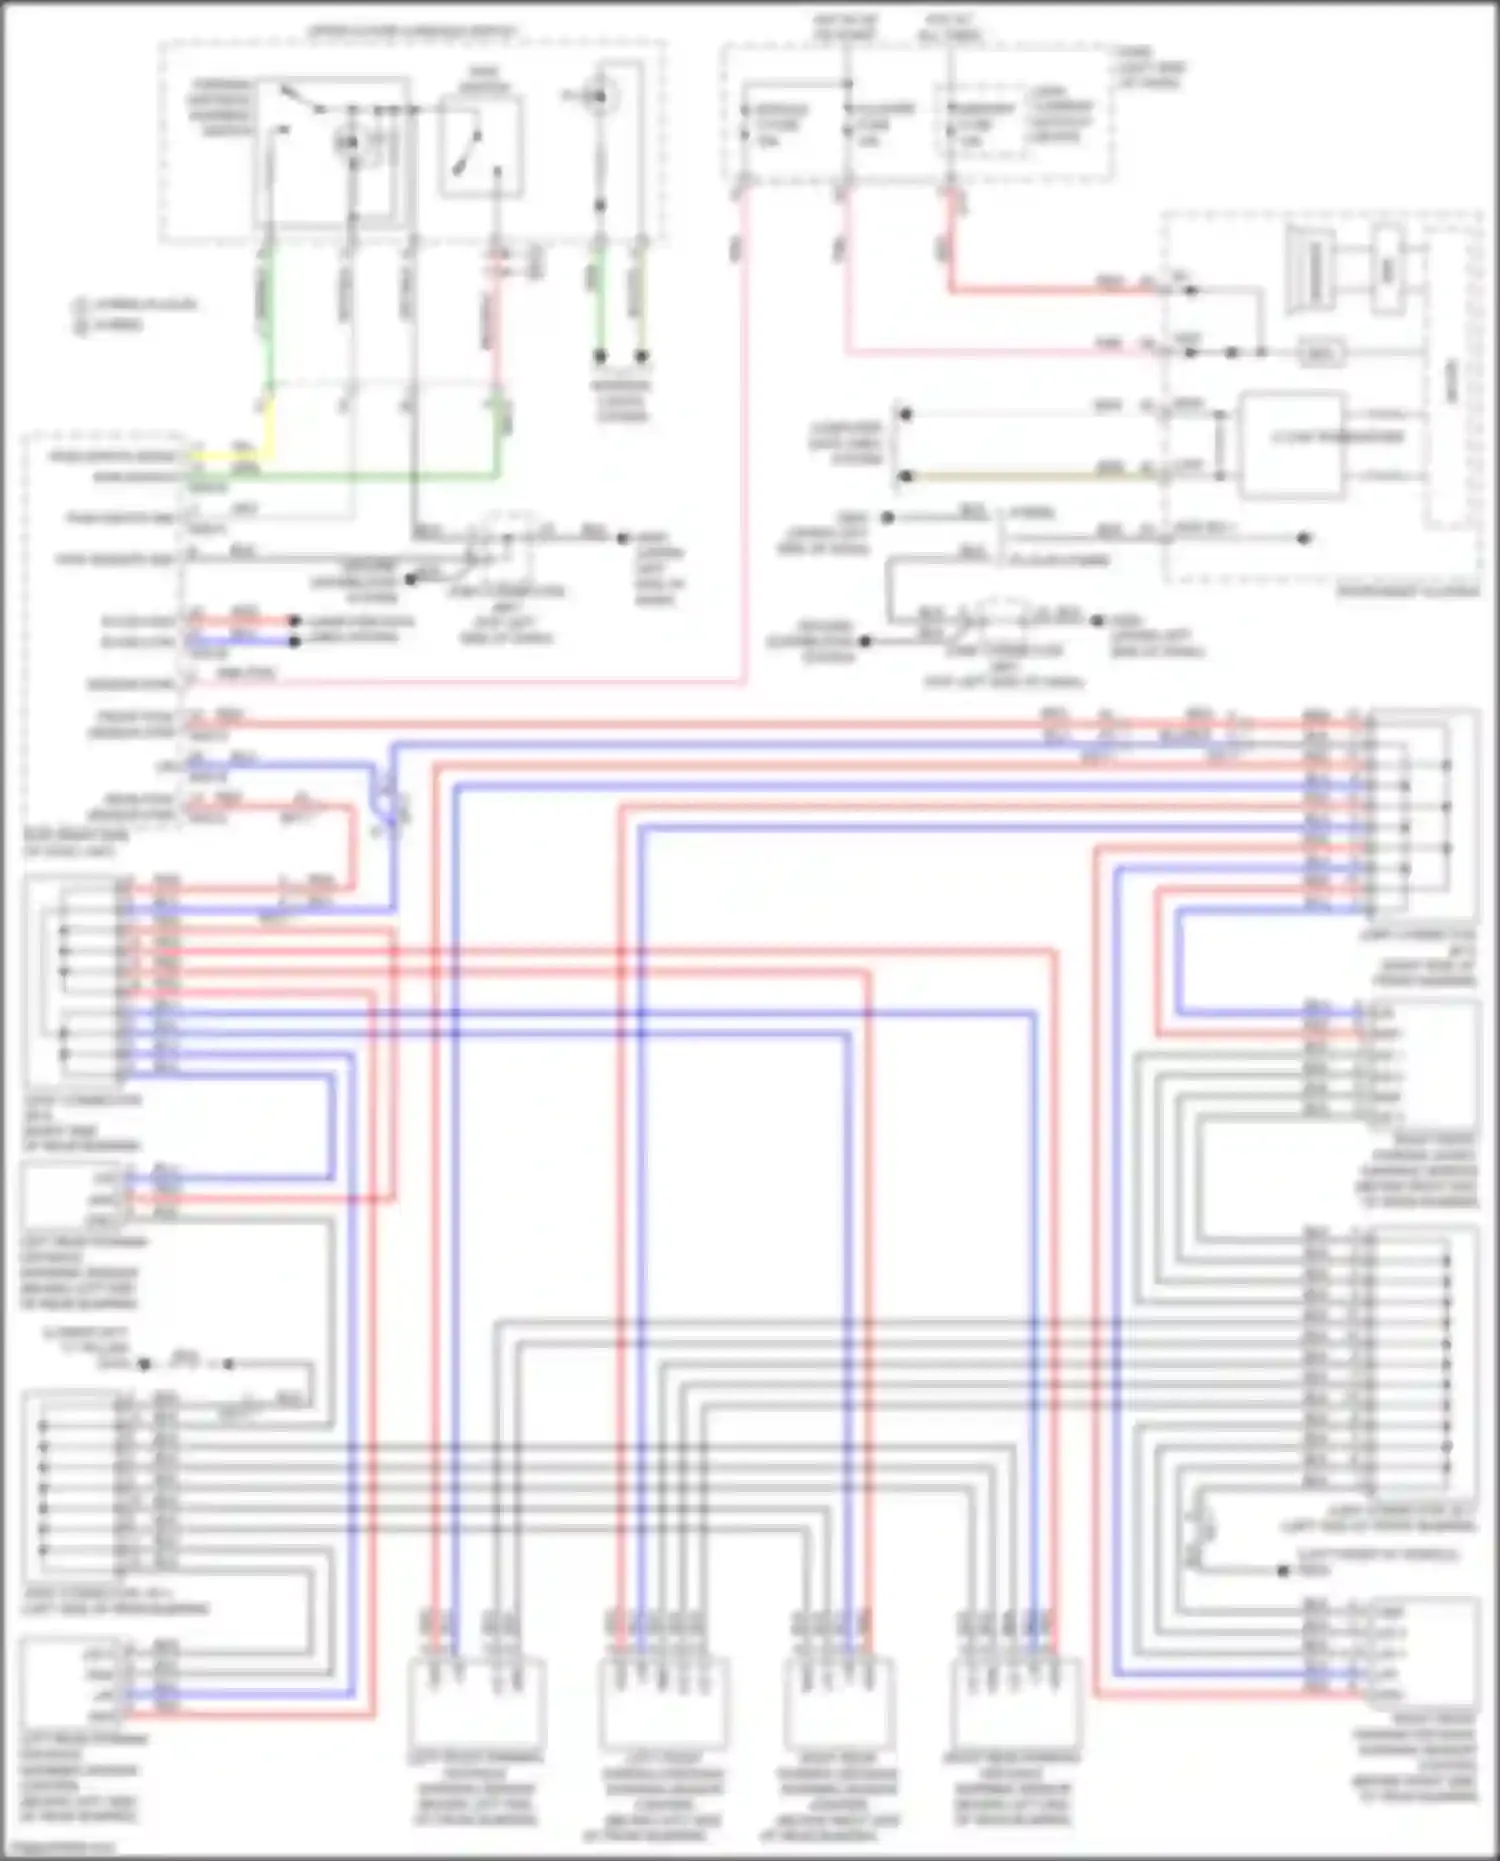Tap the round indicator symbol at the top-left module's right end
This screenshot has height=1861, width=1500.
[x=601, y=96]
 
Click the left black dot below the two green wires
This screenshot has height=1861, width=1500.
[x=600, y=356]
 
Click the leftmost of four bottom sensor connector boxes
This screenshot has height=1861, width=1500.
[x=476, y=1700]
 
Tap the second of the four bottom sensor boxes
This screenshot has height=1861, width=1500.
[x=663, y=1700]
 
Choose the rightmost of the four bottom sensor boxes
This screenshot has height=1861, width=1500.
[x=1015, y=1700]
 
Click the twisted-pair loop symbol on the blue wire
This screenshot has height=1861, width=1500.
[x=384, y=800]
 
